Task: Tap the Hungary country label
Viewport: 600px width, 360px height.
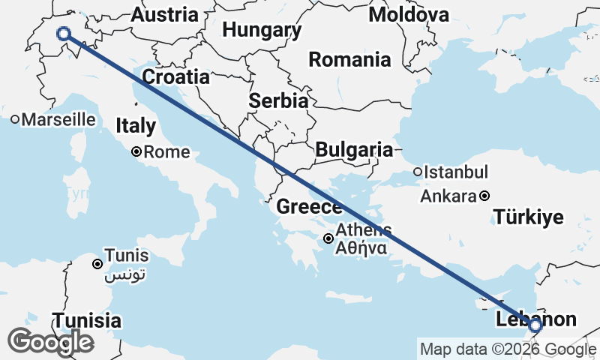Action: [x=262, y=31]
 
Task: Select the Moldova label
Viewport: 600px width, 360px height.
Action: [x=409, y=14]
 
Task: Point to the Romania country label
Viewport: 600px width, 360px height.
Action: [x=350, y=59]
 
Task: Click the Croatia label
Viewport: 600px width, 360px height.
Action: [x=175, y=76]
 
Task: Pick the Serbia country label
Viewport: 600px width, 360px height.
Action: [x=278, y=100]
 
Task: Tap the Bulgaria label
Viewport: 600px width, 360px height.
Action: [x=354, y=149]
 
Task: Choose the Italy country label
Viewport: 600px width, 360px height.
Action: [x=136, y=126]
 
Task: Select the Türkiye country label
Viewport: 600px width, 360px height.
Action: [x=529, y=218]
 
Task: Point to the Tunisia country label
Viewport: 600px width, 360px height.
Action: [x=86, y=320]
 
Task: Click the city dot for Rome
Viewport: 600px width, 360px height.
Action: [x=136, y=151]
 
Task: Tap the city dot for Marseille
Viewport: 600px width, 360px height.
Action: [x=16, y=119]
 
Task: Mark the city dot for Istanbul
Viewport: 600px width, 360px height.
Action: [x=418, y=172]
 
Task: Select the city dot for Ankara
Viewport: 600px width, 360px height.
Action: [x=485, y=196]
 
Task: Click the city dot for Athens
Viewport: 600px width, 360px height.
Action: [x=328, y=238]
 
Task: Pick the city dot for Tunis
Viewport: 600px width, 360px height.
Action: [x=97, y=264]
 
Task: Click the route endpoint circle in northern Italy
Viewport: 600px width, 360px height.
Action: [x=64, y=33]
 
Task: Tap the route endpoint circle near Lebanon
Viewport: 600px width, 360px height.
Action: [x=535, y=325]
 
